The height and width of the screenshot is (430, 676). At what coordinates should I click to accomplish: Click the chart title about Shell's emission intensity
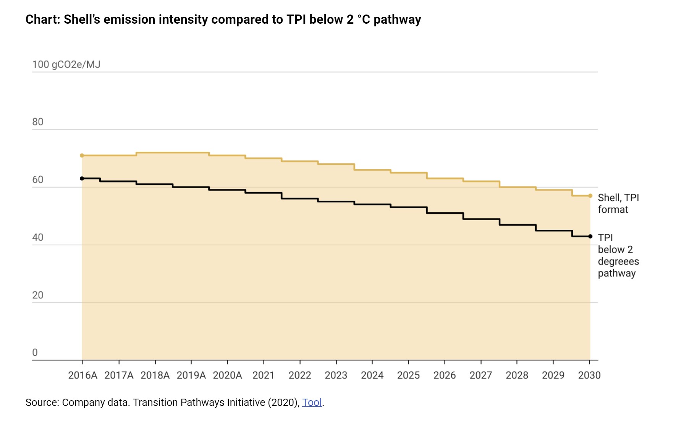pos(223,19)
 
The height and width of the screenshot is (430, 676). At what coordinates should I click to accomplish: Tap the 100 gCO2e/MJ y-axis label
pos(66,64)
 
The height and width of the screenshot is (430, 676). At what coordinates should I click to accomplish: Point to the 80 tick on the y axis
pos(38,122)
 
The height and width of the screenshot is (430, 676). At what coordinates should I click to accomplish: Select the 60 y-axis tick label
pos(38,180)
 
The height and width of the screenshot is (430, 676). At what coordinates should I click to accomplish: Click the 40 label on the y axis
pos(38,237)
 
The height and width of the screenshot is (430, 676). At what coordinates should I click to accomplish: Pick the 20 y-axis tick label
pos(38,295)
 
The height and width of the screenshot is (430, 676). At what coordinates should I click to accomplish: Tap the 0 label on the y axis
pos(35,352)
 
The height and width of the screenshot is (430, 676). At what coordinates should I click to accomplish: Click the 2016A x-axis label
pos(82,375)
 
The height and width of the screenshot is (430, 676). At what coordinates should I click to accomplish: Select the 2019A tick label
pos(191,375)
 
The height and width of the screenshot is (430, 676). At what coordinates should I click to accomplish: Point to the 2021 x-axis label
pos(264,375)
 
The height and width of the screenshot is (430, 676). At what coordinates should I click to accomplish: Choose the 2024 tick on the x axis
pos(372,375)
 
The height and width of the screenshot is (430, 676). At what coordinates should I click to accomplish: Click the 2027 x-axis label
pos(480,375)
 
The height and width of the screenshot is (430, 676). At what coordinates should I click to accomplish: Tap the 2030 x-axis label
pos(589,375)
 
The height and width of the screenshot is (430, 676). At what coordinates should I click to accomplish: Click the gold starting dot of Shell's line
pos(82,156)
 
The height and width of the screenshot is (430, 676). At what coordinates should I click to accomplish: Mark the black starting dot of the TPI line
pos(82,178)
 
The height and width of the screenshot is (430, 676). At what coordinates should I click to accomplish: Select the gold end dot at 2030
pos(590,196)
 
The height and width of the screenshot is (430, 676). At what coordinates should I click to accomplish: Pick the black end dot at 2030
pos(590,236)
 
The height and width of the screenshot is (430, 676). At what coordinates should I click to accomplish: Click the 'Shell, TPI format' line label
pos(618,203)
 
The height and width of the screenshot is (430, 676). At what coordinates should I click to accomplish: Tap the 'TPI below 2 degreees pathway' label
pos(618,255)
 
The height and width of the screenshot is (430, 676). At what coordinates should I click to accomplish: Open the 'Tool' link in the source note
pos(312,402)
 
